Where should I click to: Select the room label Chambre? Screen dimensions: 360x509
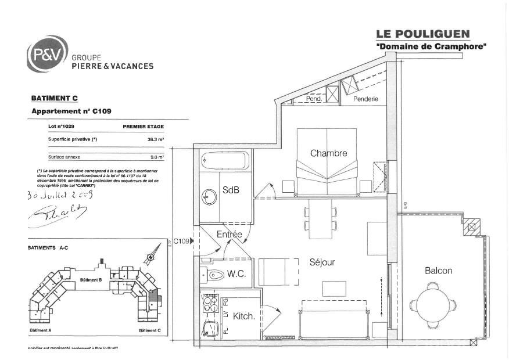(x=328, y=153)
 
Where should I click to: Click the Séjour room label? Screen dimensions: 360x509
(x=322, y=262)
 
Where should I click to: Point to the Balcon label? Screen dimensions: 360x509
(x=438, y=271)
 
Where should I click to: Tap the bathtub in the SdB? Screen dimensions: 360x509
(x=225, y=160)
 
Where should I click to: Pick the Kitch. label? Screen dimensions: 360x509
(x=243, y=316)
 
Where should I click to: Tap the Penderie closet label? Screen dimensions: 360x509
(x=366, y=99)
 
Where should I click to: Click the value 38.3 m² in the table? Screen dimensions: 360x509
(x=155, y=139)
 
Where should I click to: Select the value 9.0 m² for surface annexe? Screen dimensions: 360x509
(x=157, y=157)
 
